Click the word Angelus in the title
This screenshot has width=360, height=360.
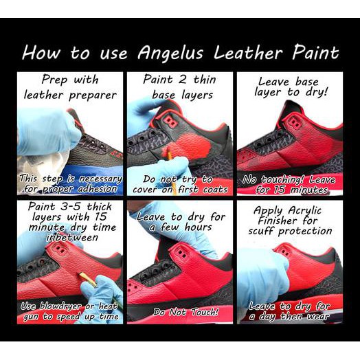(x=170, y=54)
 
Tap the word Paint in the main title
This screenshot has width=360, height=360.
(x=316, y=52)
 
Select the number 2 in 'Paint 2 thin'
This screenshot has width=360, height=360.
(x=183, y=80)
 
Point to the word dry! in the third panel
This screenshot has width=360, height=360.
(x=317, y=92)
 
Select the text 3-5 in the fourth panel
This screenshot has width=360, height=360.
(x=70, y=206)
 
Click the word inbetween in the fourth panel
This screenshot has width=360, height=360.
(x=72, y=237)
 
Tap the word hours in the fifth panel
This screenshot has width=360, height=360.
(x=198, y=227)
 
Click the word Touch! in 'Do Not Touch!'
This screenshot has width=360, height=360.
(x=205, y=312)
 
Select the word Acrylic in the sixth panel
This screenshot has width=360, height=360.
(x=304, y=211)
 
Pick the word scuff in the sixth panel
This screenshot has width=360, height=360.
(x=262, y=231)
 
